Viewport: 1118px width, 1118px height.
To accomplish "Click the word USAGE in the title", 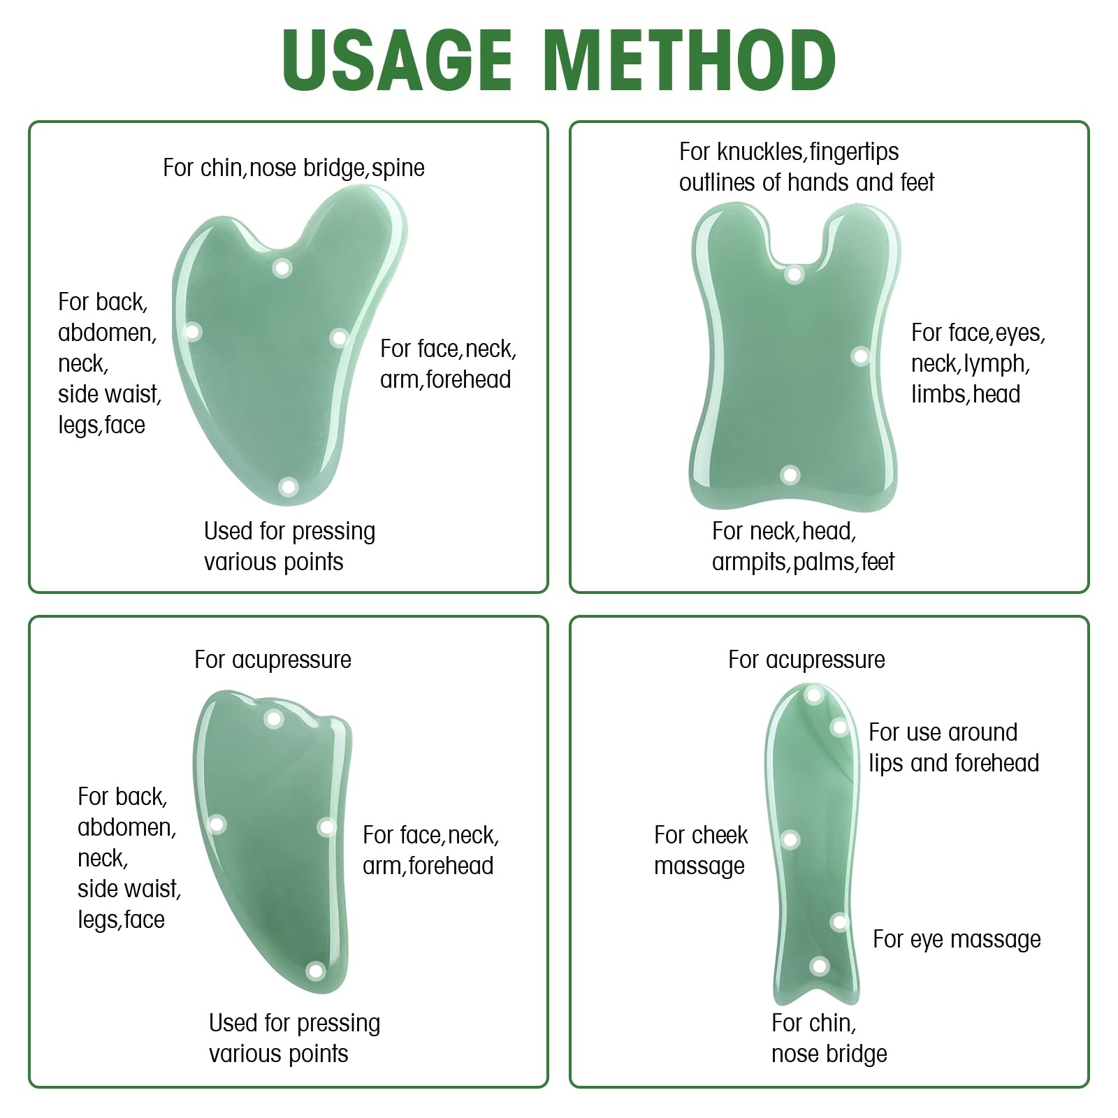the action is pyautogui.click(x=398, y=60).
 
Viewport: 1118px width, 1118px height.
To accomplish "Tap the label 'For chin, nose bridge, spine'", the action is pyautogui.click(x=293, y=168).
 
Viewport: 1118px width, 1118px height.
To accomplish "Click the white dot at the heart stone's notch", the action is pyautogui.click(x=282, y=268).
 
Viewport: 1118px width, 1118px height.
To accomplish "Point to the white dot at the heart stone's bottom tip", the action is pyautogui.click(x=289, y=486).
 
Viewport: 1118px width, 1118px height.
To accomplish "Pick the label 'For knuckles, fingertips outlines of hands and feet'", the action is pyautogui.click(x=806, y=167).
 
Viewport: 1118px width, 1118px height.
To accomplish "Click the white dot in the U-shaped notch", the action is pyautogui.click(x=794, y=273).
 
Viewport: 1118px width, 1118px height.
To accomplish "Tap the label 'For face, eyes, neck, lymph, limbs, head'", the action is pyautogui.click(x=978, y=363).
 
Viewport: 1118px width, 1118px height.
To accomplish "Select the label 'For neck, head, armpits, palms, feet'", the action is pyautogui.click(x=803, y=546).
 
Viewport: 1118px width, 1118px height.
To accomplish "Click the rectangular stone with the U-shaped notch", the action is pyautogui.click(x=795, y=357).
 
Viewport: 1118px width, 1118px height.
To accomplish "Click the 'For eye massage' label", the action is pyautogui.click(x=957, y=940).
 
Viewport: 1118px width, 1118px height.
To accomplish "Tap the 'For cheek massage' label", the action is pyautogui.click(x=701, y=850).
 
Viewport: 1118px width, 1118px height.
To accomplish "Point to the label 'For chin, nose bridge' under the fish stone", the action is pyautogui.click(x=829, y=1038).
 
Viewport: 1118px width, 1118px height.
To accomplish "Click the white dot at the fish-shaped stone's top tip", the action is pyautogui.click(x=813, y=695).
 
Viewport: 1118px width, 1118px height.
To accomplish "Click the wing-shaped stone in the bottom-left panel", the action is pyautogui.click(x=273, y=838).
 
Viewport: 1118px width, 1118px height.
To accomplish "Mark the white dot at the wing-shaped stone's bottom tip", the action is pyautogui.click(x=316, y=971).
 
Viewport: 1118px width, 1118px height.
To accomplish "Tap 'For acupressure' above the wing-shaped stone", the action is pyautogui.click(x=273, y=660).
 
